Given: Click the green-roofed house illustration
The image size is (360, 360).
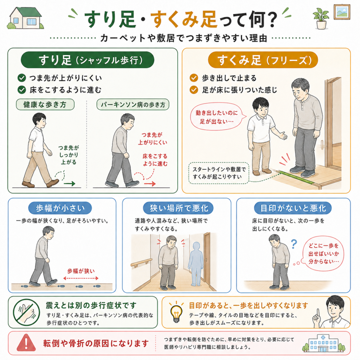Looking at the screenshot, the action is (x=25, y=18).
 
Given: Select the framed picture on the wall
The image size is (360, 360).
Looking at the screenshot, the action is (x=342, y=12).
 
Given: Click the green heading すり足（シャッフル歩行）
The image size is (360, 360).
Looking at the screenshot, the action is (x=88, y=60).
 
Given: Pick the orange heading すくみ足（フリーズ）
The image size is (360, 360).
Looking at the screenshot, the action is (x=263, y=60).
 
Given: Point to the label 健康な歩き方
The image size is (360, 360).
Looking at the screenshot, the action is (x=45, y=104).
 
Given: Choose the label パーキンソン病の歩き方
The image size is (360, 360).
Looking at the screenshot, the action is (x=133, y=104).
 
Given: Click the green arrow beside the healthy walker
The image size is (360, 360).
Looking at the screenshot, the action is (x=69, y=184).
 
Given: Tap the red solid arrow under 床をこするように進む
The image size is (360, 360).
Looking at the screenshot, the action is (x=150, y=184).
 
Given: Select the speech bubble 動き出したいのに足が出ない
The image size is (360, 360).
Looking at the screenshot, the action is (x=216, y=117).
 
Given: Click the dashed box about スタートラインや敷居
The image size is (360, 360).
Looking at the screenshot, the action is (x=219, y=173).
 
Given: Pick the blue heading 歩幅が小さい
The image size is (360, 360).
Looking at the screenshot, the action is (x=60, y=208).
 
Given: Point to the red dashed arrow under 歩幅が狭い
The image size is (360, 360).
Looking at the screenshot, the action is (x=81, y=278).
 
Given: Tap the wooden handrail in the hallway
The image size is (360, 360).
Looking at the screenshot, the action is (x=141, y=262).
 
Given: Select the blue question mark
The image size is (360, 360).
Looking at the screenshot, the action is (x=294, y=244).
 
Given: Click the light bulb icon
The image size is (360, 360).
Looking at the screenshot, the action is (x=176, y=312).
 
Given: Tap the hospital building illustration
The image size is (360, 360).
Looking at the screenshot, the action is (x=323, y=343).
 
